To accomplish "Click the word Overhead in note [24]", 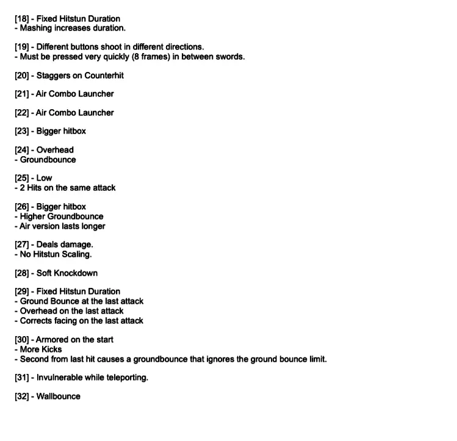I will tap(55, 150).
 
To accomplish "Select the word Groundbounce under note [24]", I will tap(48, 160).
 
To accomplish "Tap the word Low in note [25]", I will tap(45, 178).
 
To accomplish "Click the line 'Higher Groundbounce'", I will tap(62, 217).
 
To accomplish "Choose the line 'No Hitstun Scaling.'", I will tap(56, 254).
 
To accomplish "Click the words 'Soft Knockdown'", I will tap(67, 273).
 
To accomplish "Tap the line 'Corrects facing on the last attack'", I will tap(82, 321).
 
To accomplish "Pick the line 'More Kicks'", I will tap(41, 350).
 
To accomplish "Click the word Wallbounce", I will tap(59, 396).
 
